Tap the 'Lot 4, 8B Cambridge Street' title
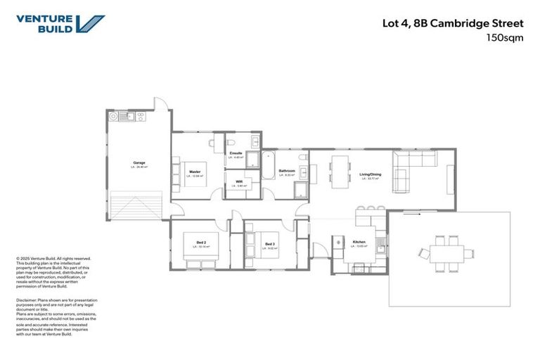pos(462,23)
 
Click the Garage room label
pos(139,163)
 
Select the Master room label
pos(195,172)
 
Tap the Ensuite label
pos(236,153)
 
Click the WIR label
pos(238,182)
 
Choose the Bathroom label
pos(286,171)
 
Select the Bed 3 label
pos(270,244)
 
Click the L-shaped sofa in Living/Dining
pos(415,172)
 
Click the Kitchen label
pos(359,243)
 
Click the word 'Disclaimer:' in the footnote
pos(28,300)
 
